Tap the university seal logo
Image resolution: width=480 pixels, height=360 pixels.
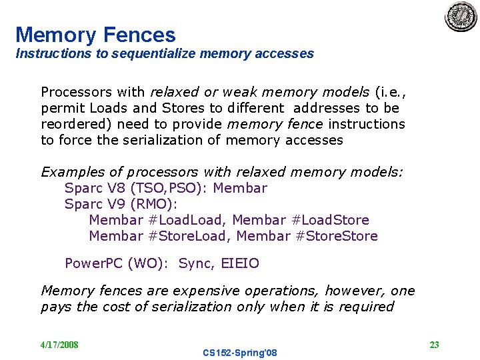pos(461,16)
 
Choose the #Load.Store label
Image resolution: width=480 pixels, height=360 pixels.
pos(331,220)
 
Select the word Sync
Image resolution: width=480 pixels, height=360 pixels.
pos(195,263)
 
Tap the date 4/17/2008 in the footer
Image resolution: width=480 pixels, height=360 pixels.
pos(59,345)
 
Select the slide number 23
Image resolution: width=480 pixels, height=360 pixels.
pos(434,345)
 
